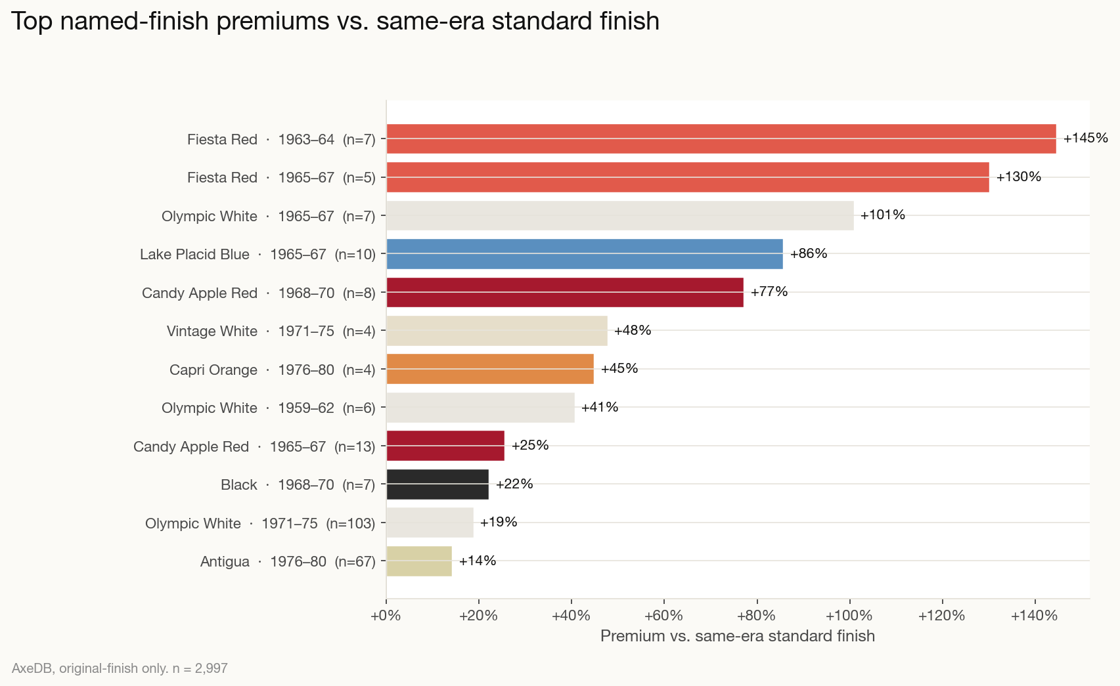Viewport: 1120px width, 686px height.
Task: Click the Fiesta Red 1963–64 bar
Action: coord(721,139)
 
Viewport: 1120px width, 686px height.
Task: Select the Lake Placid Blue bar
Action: coord(584,254)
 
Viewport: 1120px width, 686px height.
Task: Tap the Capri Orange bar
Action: coord(489,369)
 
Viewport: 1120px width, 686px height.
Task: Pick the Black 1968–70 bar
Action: coord(437,484)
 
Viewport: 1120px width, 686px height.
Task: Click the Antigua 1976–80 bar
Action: coord(418,561)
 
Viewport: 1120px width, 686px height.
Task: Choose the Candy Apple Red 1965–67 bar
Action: coord(445,446)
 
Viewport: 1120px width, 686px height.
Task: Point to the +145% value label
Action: coord(1085,138)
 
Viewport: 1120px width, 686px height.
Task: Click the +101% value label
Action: coord(882,215)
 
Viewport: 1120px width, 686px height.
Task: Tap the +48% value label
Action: coord(632,330)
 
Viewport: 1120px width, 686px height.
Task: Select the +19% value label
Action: coord(498,522)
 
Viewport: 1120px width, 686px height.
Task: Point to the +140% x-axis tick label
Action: coord(1035,616)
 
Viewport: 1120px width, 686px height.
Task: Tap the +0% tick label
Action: coord(386,616)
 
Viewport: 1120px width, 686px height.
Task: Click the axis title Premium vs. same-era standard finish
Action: coord(737,636)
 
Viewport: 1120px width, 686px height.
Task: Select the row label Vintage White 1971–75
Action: coord(271,331)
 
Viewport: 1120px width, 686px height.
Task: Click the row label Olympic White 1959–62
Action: coord(268,408)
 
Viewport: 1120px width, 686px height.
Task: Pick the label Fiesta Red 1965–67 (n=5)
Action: coord(281,177)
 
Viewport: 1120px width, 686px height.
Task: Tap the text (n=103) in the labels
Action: coord(351,523)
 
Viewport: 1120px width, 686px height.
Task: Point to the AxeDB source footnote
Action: coord(120,668)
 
